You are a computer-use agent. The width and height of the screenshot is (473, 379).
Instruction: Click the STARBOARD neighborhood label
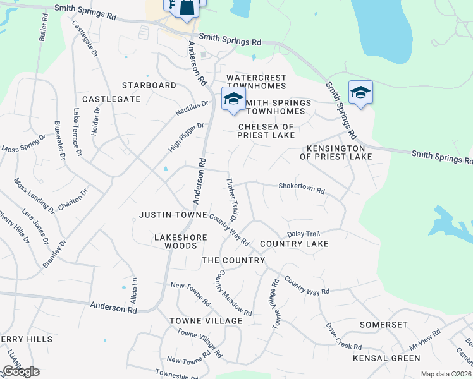[x=149, y=85]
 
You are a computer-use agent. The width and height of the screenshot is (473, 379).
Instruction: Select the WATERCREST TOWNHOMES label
[x=256, y=81]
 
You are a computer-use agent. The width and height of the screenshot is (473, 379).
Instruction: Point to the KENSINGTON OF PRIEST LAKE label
[x=336, y=152]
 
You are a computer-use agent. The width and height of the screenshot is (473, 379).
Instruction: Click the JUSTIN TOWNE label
[x=173, y=215]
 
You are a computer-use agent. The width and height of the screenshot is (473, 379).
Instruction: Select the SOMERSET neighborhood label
[x=383, y=324]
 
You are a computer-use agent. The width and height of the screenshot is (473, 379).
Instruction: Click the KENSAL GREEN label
[x=387, y=358]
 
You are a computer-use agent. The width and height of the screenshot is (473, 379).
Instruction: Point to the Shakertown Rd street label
[x=302, y=188]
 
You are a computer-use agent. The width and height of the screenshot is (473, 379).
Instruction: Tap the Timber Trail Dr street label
[x=231, y=198]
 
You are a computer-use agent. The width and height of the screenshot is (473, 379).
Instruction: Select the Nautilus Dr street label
[x=192, y=108]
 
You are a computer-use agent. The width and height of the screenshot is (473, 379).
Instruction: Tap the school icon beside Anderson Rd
[x=233, y=99]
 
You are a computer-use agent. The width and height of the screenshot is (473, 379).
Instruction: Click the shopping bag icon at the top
[x=188, y=8]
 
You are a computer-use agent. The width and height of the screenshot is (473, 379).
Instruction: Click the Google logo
[x=21, y=371]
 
